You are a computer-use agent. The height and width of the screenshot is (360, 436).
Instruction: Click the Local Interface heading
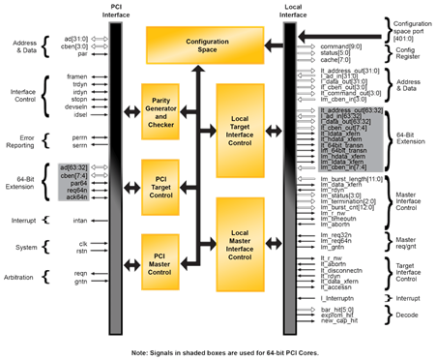292,13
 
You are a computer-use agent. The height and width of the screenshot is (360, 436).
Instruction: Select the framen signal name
76,75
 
